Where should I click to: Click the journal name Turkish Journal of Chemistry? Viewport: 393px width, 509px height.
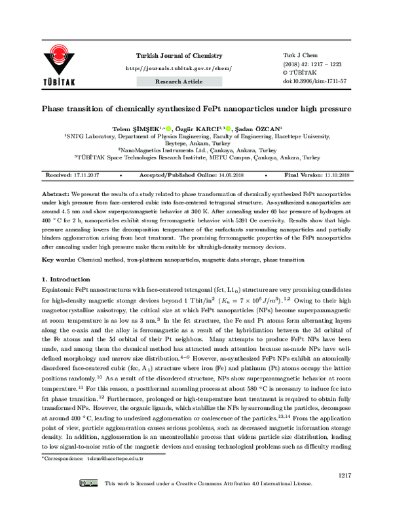coord(179,56)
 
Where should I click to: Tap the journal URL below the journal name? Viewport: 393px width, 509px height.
coord(178,68)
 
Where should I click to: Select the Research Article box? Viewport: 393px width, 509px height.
coord(178,81)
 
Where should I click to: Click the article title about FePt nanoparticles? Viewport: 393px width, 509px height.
coord(196,108)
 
